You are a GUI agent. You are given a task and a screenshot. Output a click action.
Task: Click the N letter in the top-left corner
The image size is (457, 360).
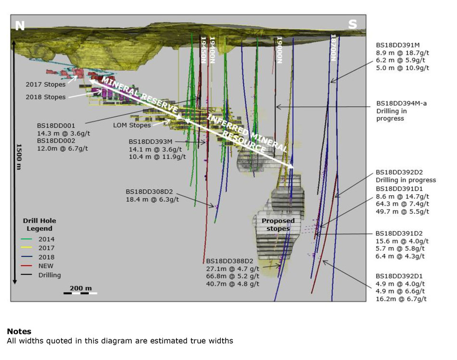(20, 25)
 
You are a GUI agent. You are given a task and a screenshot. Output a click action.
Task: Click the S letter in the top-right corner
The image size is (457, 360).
(353, 25)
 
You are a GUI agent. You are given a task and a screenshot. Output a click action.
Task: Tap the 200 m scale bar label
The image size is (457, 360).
(80, 288)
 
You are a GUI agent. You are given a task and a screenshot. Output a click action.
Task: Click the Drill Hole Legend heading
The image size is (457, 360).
(40, 224)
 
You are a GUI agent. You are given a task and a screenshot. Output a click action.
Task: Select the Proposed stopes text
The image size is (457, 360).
(278, 224)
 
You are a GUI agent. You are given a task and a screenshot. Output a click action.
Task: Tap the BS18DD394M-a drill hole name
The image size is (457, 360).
(400, 103)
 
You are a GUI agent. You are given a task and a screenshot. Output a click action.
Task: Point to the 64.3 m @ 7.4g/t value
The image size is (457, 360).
(402, 204)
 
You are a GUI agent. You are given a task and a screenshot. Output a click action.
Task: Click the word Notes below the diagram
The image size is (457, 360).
(19, 332)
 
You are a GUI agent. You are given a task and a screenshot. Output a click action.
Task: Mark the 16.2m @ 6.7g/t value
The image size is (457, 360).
(401, 299)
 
